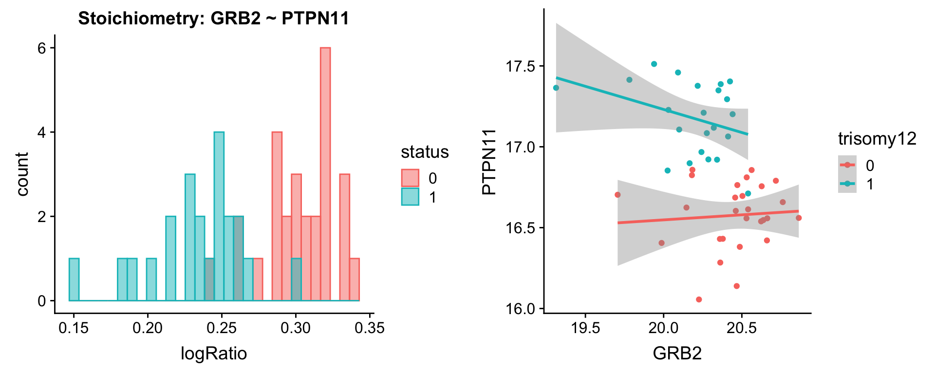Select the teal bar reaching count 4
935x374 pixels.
coord(219,216)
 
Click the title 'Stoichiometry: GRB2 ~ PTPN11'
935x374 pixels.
coord(213,19)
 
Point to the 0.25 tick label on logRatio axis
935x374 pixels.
coord(222,328)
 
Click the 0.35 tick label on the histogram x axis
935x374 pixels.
coord(370,328)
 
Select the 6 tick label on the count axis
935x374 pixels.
coord(42,48)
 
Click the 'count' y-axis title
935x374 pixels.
coord(22,174)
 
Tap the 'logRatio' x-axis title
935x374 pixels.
coord(214,353)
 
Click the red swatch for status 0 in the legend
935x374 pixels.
coord(410,178)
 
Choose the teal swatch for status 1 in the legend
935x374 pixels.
coord(410,197)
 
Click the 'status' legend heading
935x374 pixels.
coord(425,152)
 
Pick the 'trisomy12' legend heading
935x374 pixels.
coord(877,139)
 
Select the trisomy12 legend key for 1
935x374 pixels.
coord(847,184)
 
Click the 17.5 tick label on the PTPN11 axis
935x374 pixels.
coord(521,66)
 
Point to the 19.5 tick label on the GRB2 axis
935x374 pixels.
coord(585,328)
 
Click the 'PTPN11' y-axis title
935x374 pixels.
coord(488,162)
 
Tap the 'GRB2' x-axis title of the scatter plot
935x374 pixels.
coord(677,353)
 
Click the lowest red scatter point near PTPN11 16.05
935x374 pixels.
coord(699,299)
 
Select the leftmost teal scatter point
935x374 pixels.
coord(556,88)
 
